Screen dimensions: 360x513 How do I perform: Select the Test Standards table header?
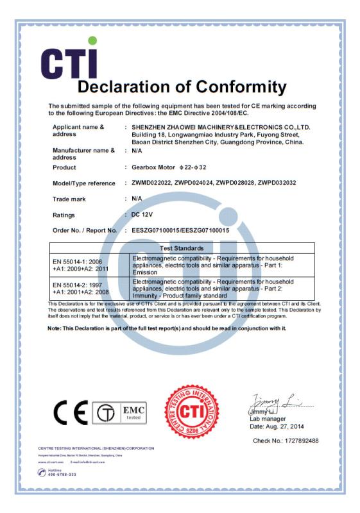point(221,248)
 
